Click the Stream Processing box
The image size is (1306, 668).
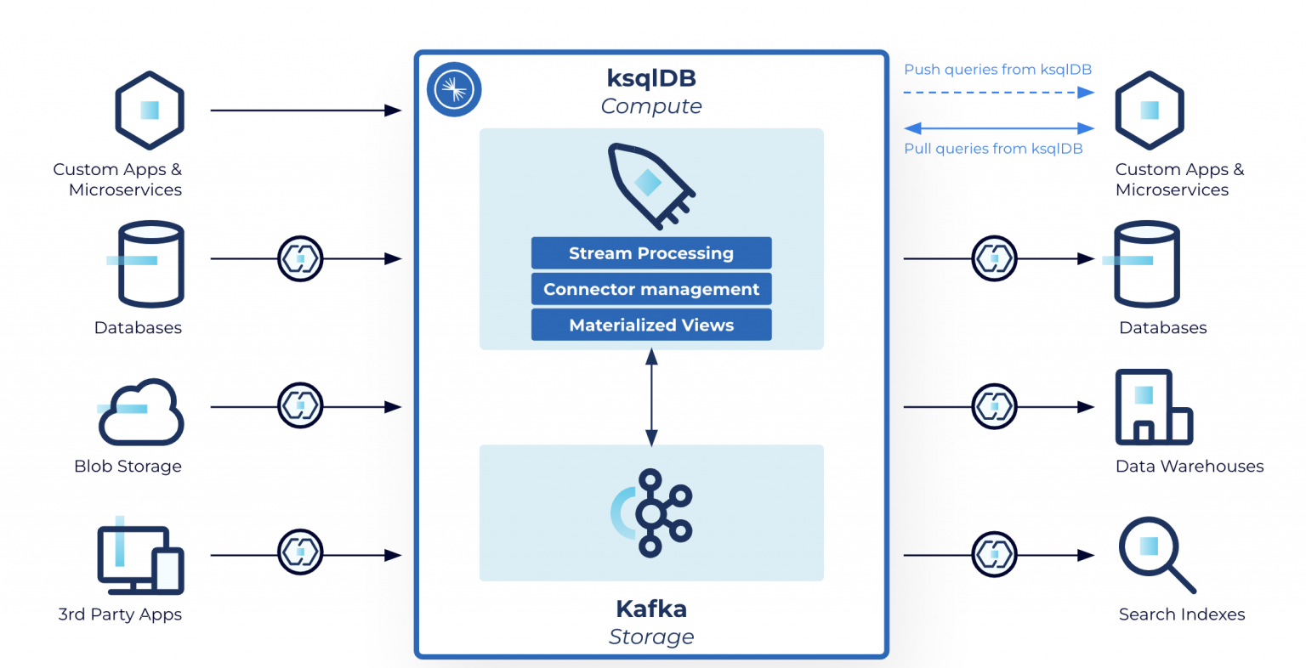click(651, 253)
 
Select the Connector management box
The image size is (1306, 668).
click(651, 289)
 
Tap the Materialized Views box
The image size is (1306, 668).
click(651, 325)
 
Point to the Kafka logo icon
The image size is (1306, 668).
click(652, 512)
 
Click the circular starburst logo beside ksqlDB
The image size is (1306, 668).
click(454, 89)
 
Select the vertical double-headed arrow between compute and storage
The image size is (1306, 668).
click(651, 398)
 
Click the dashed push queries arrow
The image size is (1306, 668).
click(998, 93)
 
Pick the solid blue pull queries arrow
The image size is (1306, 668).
click(998, 128)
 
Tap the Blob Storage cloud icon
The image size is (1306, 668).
click(141, 413)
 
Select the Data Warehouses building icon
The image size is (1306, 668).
click(1153, 408)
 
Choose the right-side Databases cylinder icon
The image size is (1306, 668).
click(1146, 263)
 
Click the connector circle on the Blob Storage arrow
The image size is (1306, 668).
click(300, 406)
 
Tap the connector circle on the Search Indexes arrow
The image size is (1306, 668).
click(994, 555)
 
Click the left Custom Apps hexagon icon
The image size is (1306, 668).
click(150, 110)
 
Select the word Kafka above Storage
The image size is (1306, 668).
click(651, 609)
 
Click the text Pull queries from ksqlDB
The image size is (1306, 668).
click(993, 149)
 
